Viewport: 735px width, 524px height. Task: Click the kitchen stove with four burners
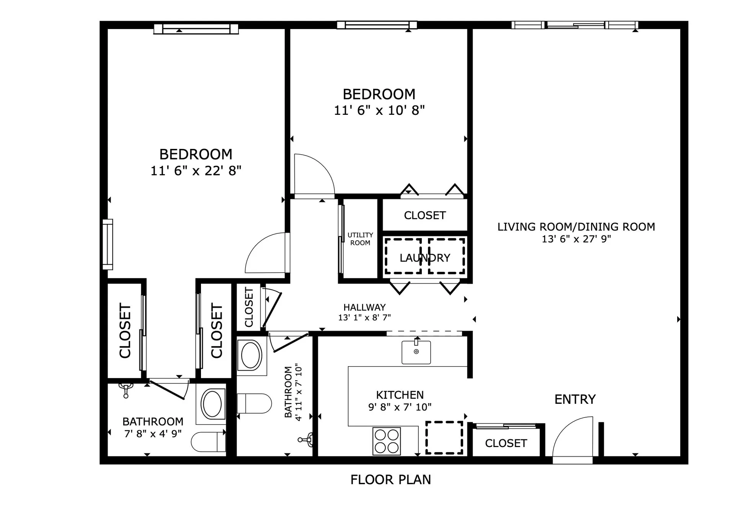[387, 441]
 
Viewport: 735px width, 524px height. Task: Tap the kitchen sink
[416, 352]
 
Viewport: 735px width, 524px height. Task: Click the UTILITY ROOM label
[360, 239]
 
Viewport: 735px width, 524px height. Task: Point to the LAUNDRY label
[425, 258]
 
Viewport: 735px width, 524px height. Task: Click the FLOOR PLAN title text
[391, 480]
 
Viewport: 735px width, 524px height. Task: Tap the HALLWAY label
[364, 307]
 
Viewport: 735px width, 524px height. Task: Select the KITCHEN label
[400, 395]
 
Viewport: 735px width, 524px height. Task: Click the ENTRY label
[575, 400]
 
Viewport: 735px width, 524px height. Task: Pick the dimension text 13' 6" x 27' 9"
[576, 239]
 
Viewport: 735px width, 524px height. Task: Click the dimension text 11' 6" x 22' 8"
[196, 171]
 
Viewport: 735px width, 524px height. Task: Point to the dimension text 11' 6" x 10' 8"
[379, 111]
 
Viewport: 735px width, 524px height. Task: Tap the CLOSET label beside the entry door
[506, 443]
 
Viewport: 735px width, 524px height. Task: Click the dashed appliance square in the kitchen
[444, 437]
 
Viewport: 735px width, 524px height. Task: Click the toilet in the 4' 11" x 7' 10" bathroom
[254, 403]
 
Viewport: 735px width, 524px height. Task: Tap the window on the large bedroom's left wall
[108, 245]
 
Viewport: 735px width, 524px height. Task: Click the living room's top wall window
[575, 25]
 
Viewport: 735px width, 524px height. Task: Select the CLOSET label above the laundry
[425, 215]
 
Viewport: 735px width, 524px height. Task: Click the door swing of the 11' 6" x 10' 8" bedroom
[322, 166]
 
